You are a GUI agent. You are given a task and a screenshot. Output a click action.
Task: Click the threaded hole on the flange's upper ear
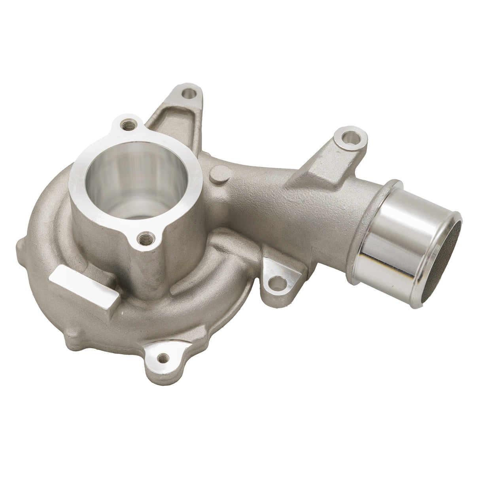[128, 127]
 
